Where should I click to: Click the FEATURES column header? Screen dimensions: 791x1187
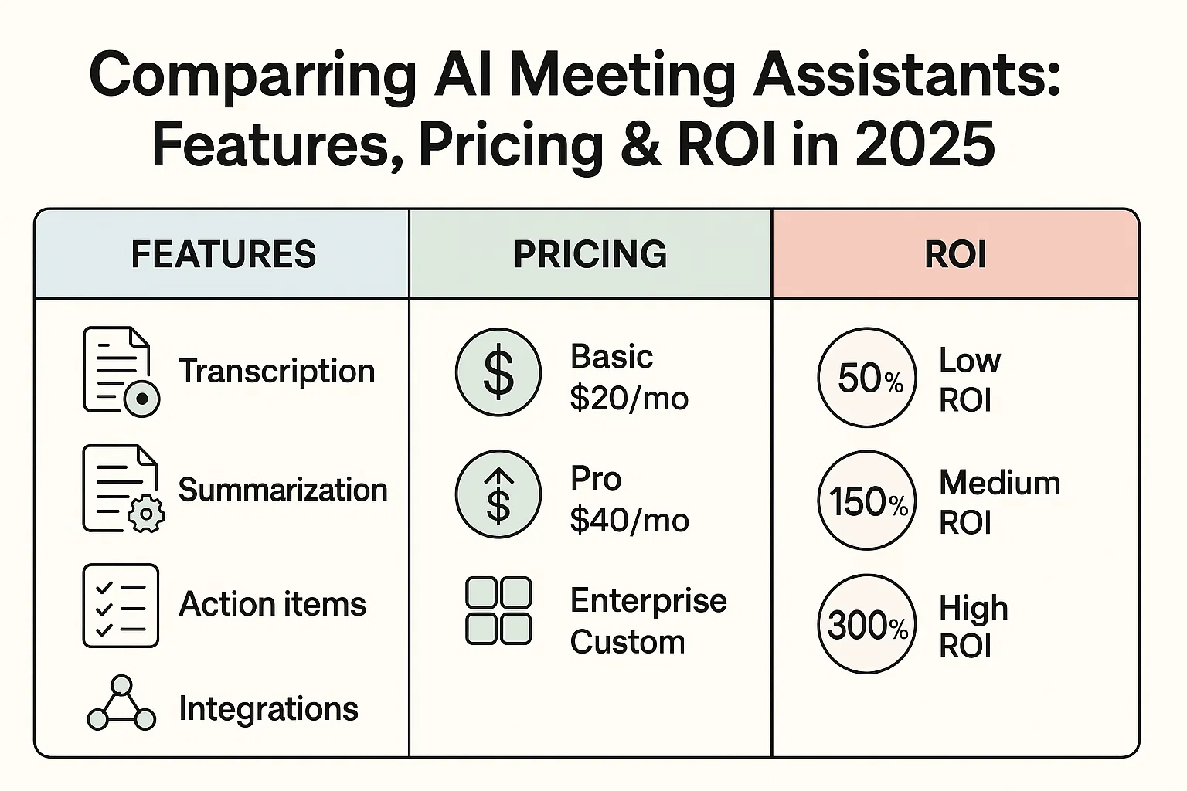click(223, 254)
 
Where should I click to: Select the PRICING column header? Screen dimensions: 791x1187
click(590, 254)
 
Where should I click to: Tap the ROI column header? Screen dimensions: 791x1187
click(955, 254)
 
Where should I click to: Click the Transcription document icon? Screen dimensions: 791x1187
click(120, 372)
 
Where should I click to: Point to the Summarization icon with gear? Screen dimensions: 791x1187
click(122, 489)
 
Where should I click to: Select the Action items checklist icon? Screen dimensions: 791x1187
click(121, 605)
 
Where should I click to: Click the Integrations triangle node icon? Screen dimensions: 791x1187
click(121, 704)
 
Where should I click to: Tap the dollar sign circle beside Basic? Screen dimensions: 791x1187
click(498, 372)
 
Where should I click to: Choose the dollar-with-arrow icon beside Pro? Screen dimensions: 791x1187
click(498, 494)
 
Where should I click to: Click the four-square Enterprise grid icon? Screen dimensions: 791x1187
click(498, 610)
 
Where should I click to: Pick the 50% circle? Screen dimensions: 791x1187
click(867, 378)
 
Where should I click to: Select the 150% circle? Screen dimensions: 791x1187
click(867, 501)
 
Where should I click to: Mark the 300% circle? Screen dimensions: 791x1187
click(867, 624)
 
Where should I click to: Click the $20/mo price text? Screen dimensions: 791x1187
click(628, 399)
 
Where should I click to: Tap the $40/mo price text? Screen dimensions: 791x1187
click(629, 521)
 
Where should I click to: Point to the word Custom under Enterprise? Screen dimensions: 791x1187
click(628, 643)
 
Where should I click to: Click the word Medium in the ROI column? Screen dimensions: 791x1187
click(999, 484)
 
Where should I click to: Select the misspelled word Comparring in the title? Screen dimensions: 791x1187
click(253, 76)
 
